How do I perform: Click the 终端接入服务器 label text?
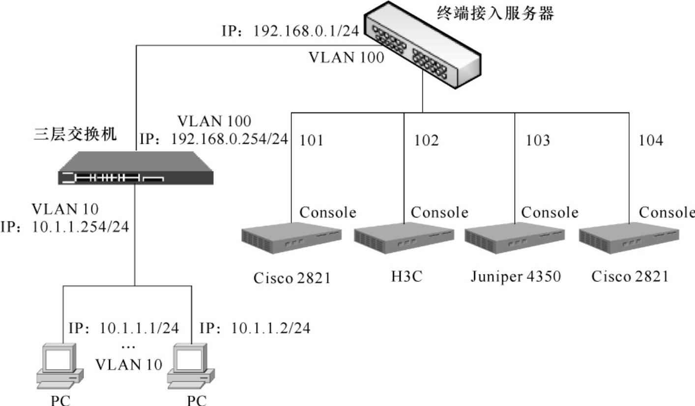[495, 13]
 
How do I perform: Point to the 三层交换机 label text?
[75, 134]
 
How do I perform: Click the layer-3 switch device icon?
[135, 168]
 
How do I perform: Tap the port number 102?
[426, 141]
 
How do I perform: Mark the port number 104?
[651, 141]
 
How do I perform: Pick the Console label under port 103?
[550, 213]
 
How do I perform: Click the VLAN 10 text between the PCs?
[128, 364]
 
